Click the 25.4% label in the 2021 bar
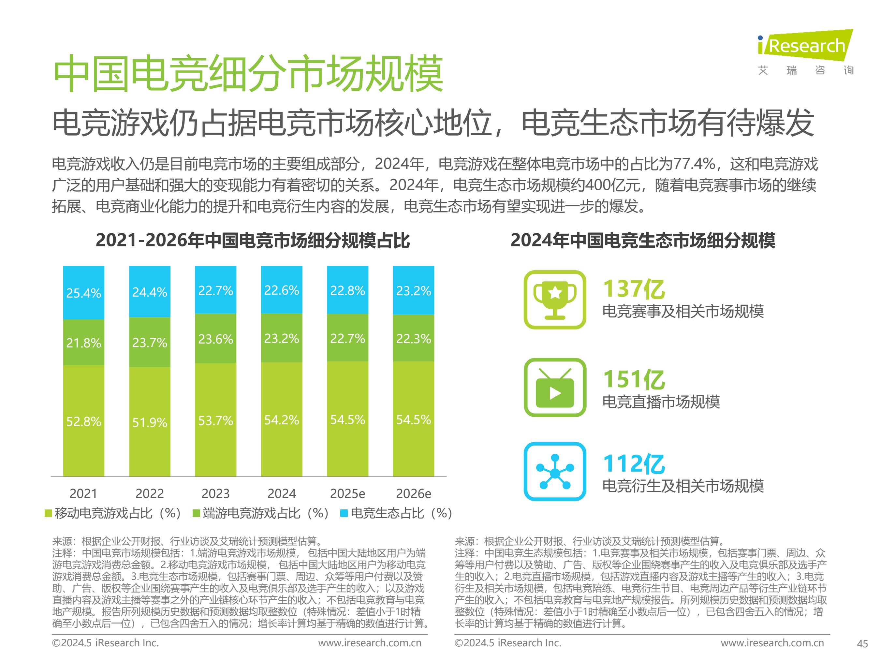pos(83,293)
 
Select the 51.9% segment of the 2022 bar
pos(150,422)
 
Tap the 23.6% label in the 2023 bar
pos(216,339)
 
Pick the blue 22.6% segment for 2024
pos(282,290)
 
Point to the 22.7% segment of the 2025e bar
pos(348,338)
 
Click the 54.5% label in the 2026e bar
pos(413,419)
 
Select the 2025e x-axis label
pos(347,494)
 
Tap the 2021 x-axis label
pos(83,494)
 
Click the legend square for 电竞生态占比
pos(344,514)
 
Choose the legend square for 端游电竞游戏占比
pos(196,514)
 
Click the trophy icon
pos(555,300)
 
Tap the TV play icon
pos(555,388)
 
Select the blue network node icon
pos(555,471)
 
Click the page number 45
pos(862,644)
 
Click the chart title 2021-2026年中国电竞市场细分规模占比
pos(253,240)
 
